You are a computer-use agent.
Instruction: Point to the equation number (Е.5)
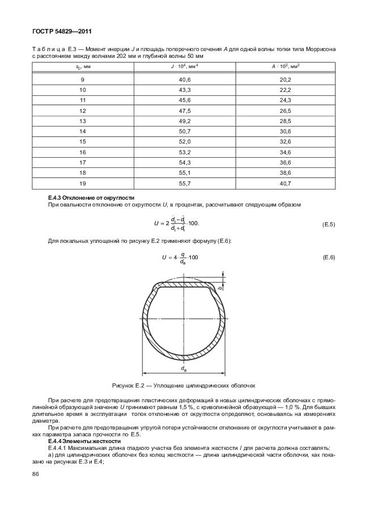coord(329,224)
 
